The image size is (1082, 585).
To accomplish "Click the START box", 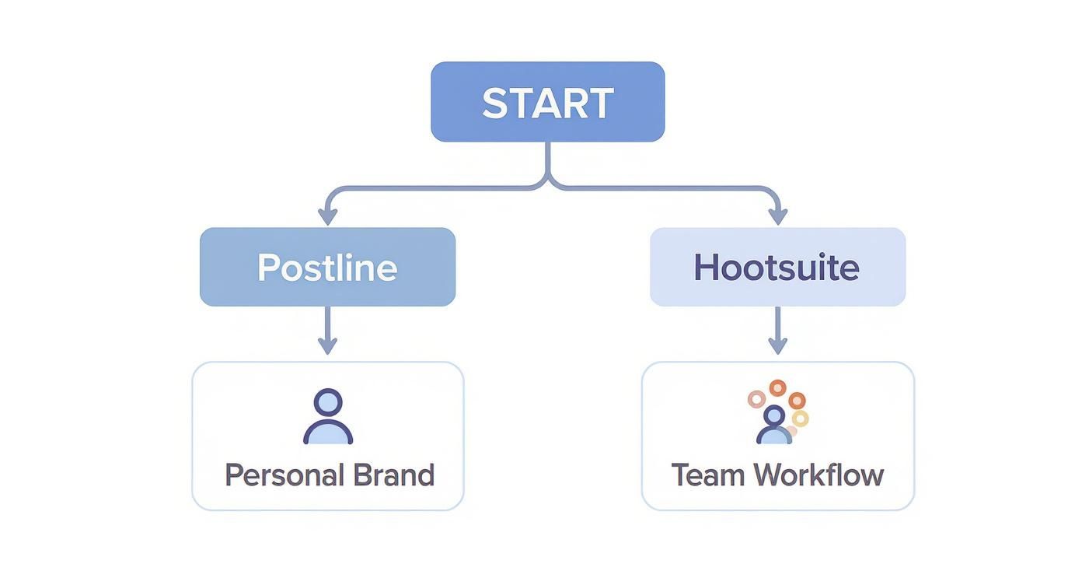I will point(548,102).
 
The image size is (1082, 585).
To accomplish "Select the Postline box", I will point(327,267).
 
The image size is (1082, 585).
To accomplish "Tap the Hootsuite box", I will point(777,267).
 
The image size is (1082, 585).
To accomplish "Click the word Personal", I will point(283,475).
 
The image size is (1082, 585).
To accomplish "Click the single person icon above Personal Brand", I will point(328,418).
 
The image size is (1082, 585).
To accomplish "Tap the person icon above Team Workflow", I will point(773,426).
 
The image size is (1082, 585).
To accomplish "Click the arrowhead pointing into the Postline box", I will point(327,215).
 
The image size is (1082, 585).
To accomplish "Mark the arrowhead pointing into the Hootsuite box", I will point(777,215).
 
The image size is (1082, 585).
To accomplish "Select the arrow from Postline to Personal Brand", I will point(327,331).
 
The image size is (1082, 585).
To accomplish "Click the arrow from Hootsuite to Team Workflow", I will point(777,331).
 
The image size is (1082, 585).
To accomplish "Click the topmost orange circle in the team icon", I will point(777,387).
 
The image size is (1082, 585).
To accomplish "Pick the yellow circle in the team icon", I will point(801,419).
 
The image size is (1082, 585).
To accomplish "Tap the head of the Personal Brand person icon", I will point(328,403).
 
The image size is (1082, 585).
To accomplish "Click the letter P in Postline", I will point(268,268).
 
